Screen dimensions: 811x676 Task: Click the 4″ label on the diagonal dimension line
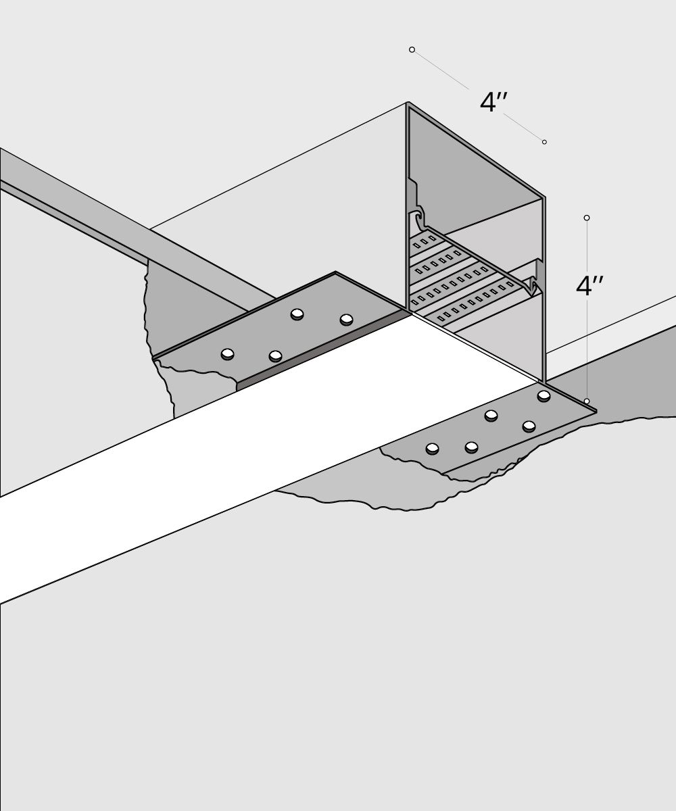493,103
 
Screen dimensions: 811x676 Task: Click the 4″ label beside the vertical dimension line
589,286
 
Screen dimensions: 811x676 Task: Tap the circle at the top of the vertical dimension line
587,218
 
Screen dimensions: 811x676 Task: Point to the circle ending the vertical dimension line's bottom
587,401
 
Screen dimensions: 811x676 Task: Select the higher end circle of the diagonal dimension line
412,50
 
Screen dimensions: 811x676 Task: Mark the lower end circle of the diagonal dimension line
544,142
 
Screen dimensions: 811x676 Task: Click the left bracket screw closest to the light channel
275,356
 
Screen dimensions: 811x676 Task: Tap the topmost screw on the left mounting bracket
296,314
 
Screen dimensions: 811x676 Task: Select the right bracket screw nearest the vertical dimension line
544,395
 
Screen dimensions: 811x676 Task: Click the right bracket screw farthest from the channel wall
433,447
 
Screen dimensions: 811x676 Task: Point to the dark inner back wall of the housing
473,169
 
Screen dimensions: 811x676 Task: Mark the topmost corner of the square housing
408,103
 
